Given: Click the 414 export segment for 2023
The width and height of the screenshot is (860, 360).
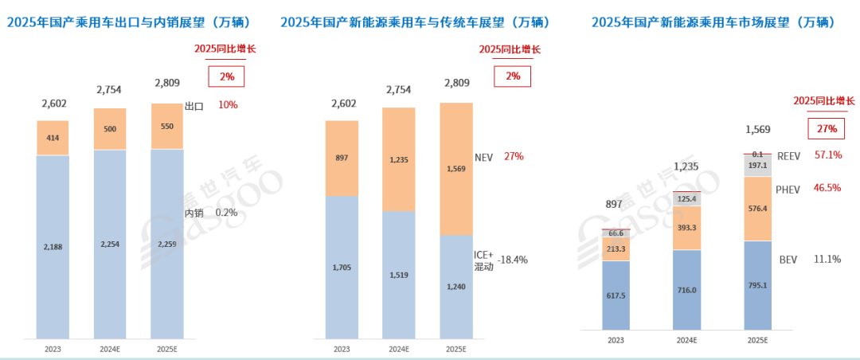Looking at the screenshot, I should tap(53, 138).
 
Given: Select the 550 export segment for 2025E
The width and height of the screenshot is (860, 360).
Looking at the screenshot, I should tap(167, 126).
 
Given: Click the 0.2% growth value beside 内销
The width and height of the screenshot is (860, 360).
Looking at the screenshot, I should tap(226, 213).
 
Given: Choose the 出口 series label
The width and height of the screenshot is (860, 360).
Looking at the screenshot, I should tap(195, 105).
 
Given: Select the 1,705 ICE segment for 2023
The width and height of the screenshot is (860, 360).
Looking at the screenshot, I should tap(342, 267).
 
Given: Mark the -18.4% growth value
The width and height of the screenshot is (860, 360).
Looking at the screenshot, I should tap(512, 260).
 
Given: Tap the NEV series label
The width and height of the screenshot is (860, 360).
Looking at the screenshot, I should tap(484, 156).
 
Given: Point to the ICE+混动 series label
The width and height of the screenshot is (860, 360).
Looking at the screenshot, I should tap(484, 260).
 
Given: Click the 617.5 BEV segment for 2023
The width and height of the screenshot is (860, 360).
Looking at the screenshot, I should tap(616, 295).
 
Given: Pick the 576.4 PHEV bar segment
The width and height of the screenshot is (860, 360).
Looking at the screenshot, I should tap(757, 209).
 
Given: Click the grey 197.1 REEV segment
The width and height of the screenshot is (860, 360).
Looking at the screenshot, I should tap(757, 166).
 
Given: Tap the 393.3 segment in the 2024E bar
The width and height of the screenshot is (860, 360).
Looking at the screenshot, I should tap(686, 228).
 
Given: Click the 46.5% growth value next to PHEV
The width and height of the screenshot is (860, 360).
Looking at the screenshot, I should tap(827, 189).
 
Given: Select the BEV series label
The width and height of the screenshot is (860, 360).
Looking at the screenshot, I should tap(788, 260).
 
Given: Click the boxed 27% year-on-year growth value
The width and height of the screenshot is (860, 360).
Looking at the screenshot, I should tap(826, 129).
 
